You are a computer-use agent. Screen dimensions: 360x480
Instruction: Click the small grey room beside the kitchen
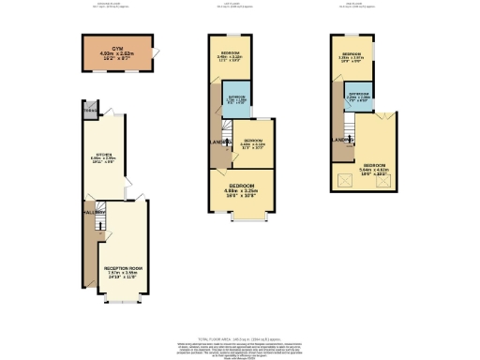pyautogui.click(x=90, y=111)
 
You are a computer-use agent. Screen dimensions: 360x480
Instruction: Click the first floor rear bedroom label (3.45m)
pyautogui.click(x=231, y=54)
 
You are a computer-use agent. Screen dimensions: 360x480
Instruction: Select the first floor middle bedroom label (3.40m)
pyautogui.click(x=251, y=143)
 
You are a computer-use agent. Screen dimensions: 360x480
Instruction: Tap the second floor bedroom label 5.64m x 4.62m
pyautogui.click(x=372, y=172)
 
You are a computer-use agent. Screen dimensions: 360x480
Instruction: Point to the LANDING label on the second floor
pyautogui.click(x=341, y=140)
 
